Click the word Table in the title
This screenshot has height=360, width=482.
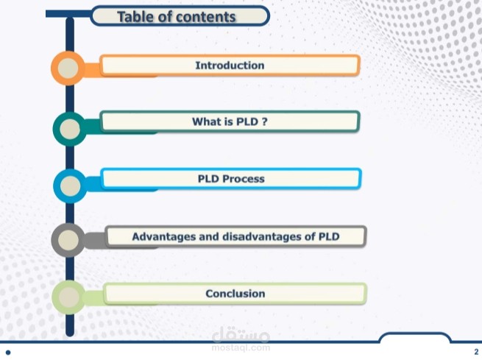point(136,17)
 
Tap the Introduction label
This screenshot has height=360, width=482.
point(230,66)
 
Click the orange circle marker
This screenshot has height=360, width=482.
point(68,68)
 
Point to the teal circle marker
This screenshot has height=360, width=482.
point(70,129)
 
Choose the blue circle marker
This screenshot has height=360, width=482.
point(70,186)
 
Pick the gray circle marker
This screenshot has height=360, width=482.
point(68,240)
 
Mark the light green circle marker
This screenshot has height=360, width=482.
point(69,297)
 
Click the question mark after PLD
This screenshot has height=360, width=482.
point(264,121)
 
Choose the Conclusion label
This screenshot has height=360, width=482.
point(235,294)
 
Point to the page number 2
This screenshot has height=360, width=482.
point(476,352)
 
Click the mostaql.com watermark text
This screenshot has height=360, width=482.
point(241,347)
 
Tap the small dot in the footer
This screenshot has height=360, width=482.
point(8,353)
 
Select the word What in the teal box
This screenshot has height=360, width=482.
point(207,121)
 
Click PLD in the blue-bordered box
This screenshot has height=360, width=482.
point(208,179)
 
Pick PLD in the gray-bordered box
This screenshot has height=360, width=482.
point(329,237)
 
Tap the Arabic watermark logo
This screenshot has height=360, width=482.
point(241,334)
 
